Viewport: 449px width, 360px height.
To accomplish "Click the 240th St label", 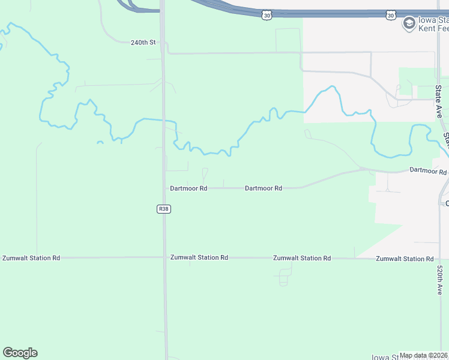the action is coord(143,43).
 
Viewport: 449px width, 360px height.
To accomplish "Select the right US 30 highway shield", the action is coord(391,14).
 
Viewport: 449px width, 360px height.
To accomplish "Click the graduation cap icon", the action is coord(409,24).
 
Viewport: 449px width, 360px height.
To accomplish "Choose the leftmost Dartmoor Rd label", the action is coord(188,188).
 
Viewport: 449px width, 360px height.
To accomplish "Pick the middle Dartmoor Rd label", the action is coord(264,188).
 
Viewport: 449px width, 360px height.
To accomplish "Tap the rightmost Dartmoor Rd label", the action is coord(428,172).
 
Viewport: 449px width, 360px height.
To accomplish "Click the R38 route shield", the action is coord(164,209).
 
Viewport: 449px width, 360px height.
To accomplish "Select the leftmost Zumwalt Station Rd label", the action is coord(31,258).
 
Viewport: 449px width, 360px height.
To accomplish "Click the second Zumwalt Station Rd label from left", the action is coord(199,258).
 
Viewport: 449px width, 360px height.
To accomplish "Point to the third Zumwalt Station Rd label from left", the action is coord(302,259).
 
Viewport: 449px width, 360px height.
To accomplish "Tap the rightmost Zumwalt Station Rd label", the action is coord(405,259).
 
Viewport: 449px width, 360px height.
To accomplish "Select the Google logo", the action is coord(20,353).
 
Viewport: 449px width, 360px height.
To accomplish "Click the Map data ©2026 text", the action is coord(423,356).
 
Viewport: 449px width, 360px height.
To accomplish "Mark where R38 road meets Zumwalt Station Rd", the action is coord(164,257).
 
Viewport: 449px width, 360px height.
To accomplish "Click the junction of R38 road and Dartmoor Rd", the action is coord(164,188).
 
